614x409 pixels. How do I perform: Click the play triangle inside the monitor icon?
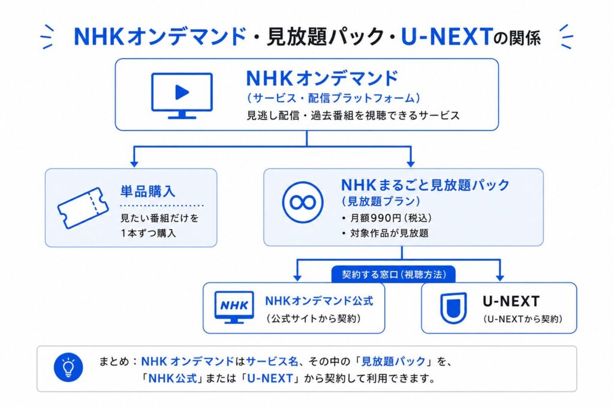click(x=182, y=93)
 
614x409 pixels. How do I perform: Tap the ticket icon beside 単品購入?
click(x=83, y=208)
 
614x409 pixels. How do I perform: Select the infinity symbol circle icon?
click(x=303, y=202)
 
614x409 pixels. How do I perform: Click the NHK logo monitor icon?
click(x=234, y=307)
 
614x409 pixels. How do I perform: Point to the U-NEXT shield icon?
click(x=453, y=308)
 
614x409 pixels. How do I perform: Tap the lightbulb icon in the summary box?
click(x=68, y=368)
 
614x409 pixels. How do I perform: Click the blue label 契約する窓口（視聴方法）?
click(x=393, y=274)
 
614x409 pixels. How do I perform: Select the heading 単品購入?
click(x=148, y=192)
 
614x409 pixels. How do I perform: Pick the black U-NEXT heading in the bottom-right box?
click(x=511, y=301)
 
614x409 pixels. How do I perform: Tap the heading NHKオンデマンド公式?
click(x=319, y=301)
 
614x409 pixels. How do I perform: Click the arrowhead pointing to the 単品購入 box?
click(x=134, y=163)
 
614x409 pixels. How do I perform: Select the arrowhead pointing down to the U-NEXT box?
click(x=499, y=277)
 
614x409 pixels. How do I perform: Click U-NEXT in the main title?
click(x=446, y=37)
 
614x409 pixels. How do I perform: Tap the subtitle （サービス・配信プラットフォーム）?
click(x=333, y=98)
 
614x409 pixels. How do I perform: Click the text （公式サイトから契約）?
click(x=314, y=319)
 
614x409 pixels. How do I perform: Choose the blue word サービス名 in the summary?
click(x=272, y=361)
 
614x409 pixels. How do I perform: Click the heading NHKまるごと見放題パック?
click(x=425, y=184)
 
